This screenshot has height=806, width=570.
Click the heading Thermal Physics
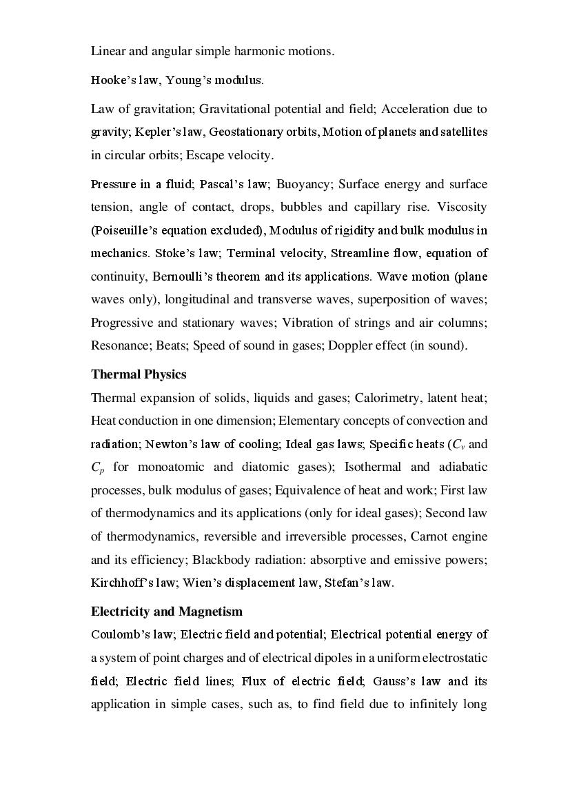139,374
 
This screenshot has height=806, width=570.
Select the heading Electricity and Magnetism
166,612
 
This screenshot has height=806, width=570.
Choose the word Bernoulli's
180,276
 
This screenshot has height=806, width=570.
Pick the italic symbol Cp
97,467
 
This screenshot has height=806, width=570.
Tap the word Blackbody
218,560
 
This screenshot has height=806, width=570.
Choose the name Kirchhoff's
121,583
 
